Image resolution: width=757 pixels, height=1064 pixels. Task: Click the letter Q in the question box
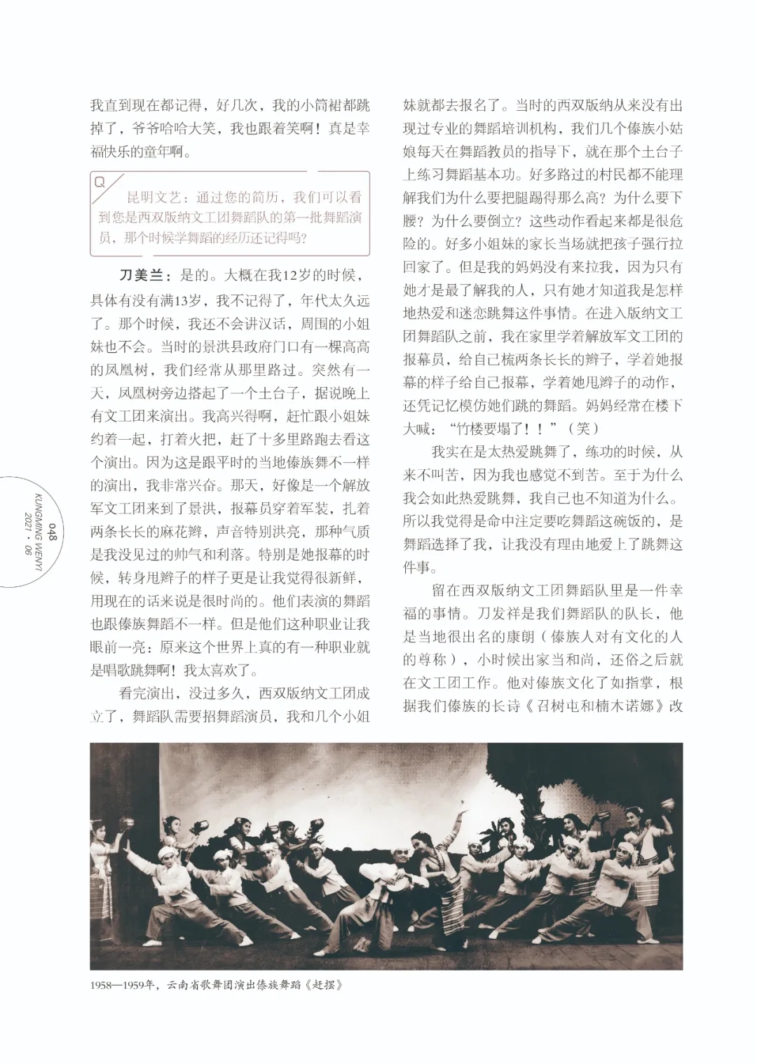tap(100, 182)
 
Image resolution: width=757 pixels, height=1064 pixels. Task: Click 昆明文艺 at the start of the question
tap(154, 198)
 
